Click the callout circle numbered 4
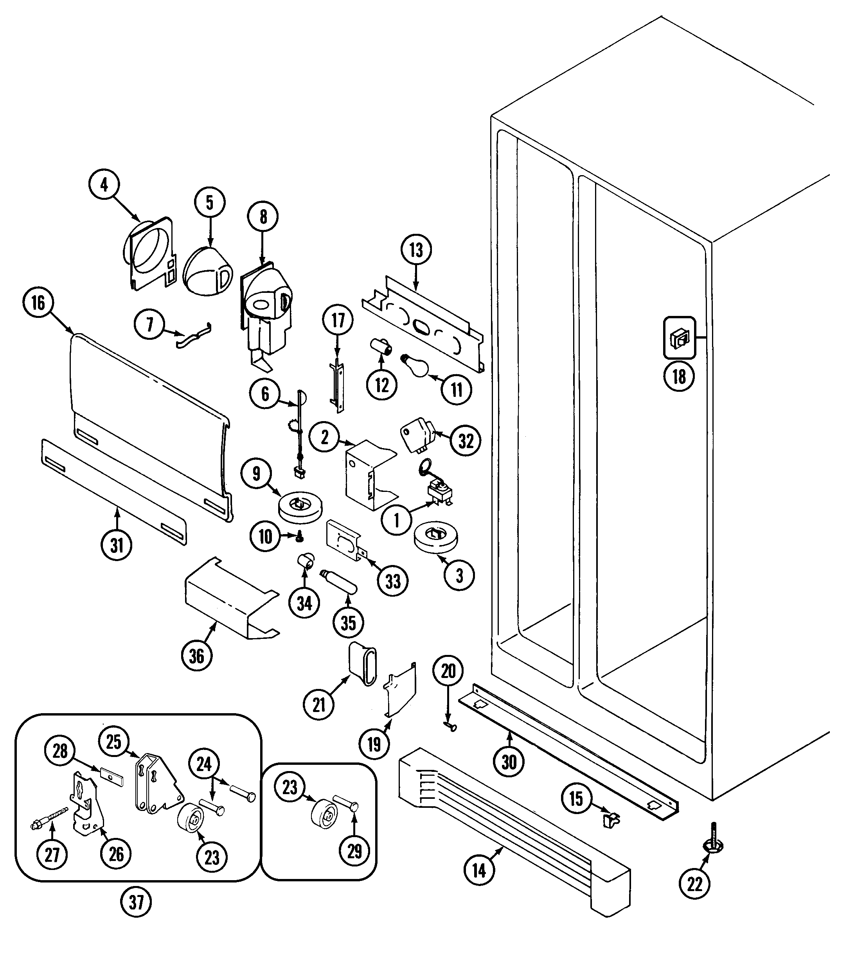pyautogui.click(x=104, y=185)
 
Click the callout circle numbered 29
pyautogui.click(x=354, y=851)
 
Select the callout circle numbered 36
pyautogui.click(x=196, y=656)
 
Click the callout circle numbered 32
pyautogui.click(x=466, y=441)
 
